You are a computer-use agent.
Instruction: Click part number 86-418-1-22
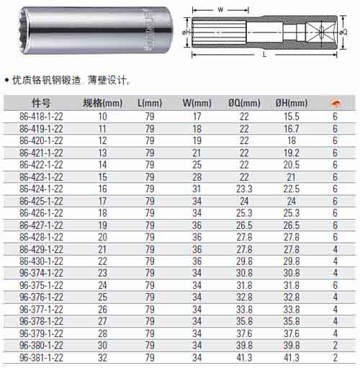tap(41, 117)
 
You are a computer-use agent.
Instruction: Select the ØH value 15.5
tap(292, 117)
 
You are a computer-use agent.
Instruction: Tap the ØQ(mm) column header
tap(244, 103)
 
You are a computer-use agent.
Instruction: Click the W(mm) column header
tap(197, 103)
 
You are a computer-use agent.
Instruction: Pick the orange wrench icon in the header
tap(336, 103)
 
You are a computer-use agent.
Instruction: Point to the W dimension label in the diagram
tap(220, 9)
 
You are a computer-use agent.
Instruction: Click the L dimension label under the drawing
tap(264, 55)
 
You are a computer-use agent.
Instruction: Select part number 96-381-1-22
tap(41, 358)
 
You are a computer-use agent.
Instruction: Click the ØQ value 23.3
tap(244, 189)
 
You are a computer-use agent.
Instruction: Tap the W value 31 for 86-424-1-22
tap(197, 189)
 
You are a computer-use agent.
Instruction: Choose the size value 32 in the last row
tap(102, 358)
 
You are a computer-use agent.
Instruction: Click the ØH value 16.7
tap(292, 129)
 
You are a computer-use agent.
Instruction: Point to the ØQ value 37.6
tap(244, 333)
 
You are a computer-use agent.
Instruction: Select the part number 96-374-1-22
tap(41, 273)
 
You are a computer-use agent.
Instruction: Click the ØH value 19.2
tap(292, 153)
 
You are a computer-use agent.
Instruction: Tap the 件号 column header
tap(41, 103)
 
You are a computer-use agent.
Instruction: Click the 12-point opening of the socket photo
tap(24, 31)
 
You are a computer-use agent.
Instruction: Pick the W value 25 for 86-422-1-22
tap(197, 165)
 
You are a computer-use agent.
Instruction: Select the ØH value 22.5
tap(292, 189)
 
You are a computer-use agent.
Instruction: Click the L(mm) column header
tap(150, 103)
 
